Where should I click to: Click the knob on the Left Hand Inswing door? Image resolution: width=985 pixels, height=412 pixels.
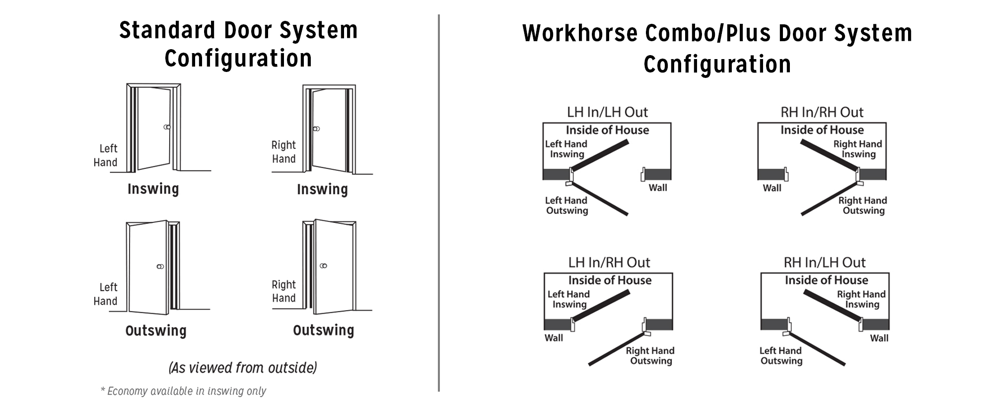coord(167,127)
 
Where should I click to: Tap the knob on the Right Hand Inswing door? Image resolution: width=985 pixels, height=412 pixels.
coord(316,129)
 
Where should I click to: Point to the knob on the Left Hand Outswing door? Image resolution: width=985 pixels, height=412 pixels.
coord(160,267)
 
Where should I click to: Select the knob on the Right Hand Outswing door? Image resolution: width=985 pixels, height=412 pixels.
coord(324,266)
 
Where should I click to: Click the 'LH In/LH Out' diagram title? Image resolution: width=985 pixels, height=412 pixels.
coord(607,112)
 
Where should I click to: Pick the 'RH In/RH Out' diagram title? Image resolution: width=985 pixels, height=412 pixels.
coord(822,112)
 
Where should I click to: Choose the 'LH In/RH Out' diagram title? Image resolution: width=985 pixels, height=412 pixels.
coord(609,262)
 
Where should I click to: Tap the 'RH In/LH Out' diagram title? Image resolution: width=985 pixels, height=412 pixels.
coord(825,262)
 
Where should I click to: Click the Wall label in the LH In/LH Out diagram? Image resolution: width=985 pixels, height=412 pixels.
coord(658,188)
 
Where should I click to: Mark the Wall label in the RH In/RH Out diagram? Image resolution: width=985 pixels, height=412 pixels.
coord(772,188)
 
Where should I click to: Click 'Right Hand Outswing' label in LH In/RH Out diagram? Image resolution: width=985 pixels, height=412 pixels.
coord(650,356)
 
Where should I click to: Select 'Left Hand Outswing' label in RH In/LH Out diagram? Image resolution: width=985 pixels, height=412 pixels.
coord(781,356)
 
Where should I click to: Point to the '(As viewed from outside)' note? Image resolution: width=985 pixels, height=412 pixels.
coord(243,368)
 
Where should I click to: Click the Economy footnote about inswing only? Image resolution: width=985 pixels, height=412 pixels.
coord(183,391)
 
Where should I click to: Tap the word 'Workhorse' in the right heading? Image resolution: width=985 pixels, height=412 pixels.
coord(580,34)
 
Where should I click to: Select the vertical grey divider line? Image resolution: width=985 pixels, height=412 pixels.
coord(439,203)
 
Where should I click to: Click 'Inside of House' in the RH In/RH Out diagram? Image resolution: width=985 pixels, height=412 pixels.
coord(822,130)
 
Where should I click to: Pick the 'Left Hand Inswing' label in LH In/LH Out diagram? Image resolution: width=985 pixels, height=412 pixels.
coord(566,149)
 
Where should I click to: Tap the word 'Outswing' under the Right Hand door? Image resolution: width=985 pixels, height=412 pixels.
coord(324,331)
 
